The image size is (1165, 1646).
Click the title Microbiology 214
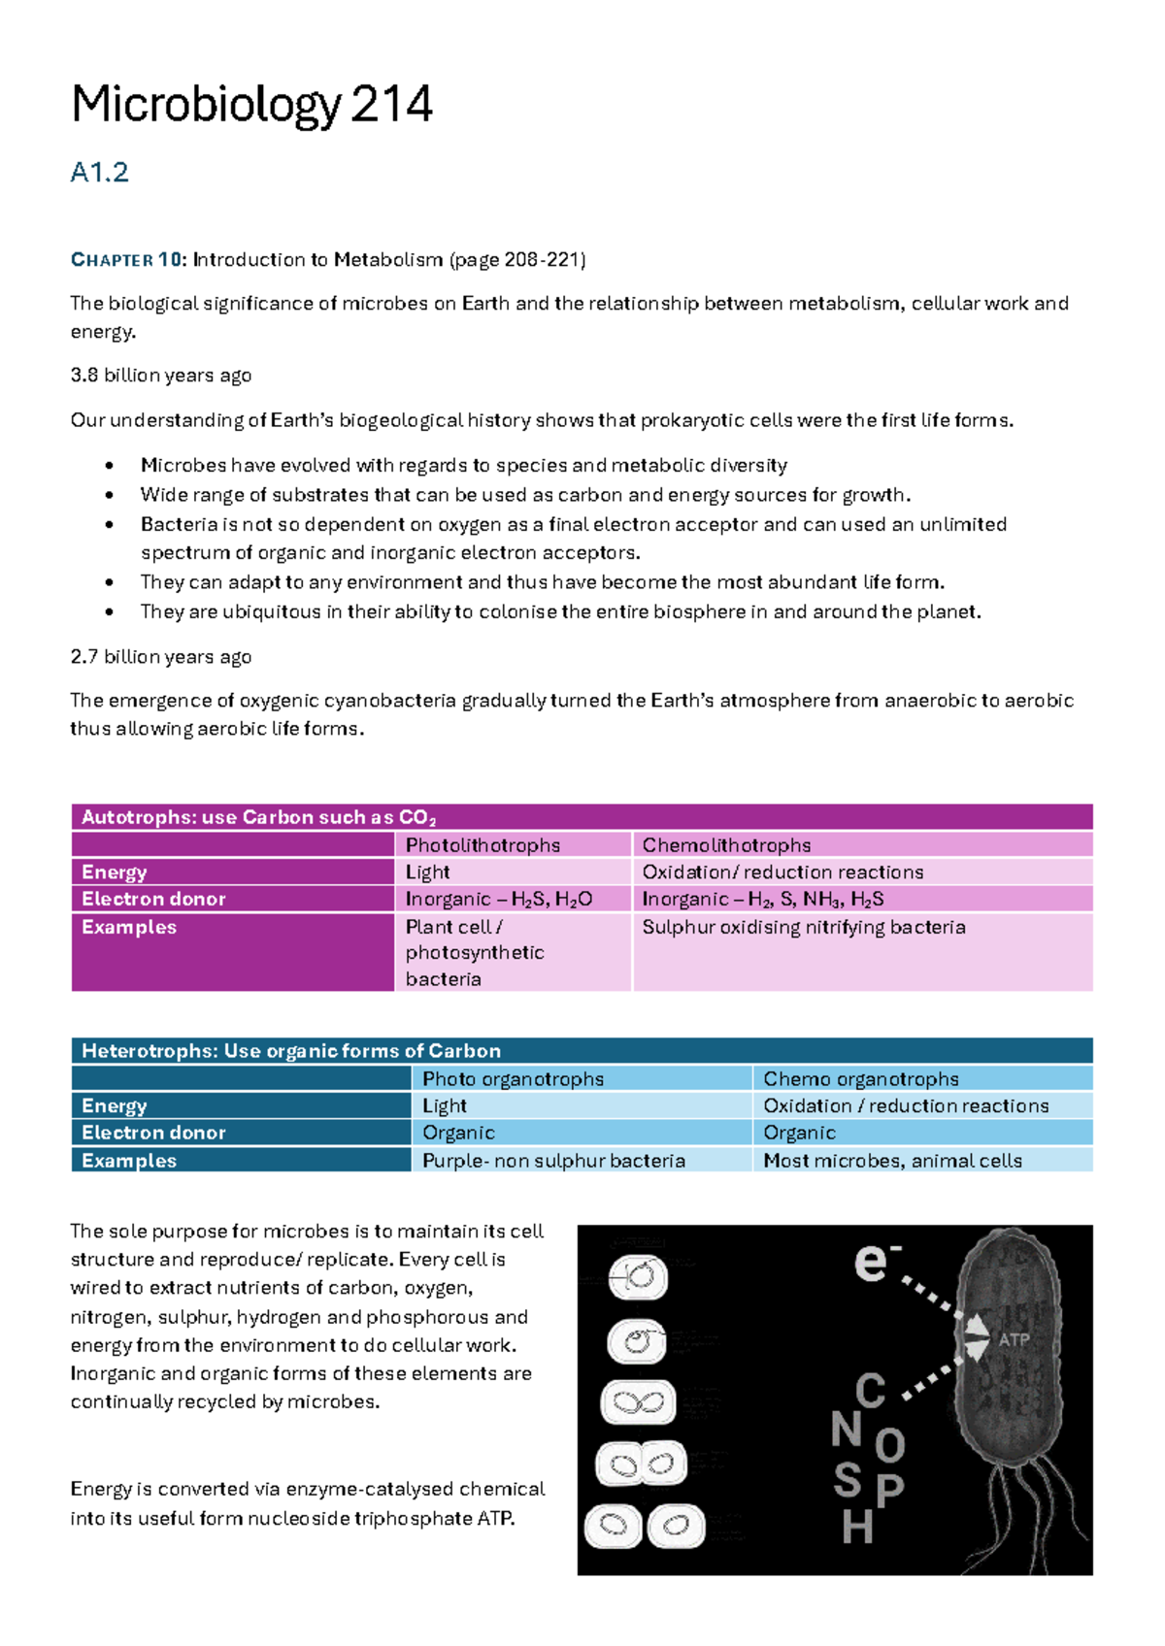[251, 105]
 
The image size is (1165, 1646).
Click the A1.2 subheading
[99, 173]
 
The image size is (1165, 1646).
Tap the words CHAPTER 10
[126, 260]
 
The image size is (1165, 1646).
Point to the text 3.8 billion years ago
[160, 376]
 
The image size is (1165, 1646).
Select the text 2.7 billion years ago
[160, 657]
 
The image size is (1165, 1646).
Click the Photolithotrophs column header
[483, 845]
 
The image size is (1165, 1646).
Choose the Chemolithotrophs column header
[726, 845]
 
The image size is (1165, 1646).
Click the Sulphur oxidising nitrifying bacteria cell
[804, 927]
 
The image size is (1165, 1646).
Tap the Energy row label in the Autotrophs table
[115, 872]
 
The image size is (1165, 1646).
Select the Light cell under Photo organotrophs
[445, 1106]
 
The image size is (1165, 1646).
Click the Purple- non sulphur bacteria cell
[553, 1161]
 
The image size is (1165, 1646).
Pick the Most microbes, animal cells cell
[892, 1161]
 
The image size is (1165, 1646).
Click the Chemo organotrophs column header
[860, 1079]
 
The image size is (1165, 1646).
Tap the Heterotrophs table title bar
[582, 1051]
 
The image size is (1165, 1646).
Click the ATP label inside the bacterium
[1014, 1340]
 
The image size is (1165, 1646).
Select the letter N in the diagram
[847, 1430]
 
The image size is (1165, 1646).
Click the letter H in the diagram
[857, 1528]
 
